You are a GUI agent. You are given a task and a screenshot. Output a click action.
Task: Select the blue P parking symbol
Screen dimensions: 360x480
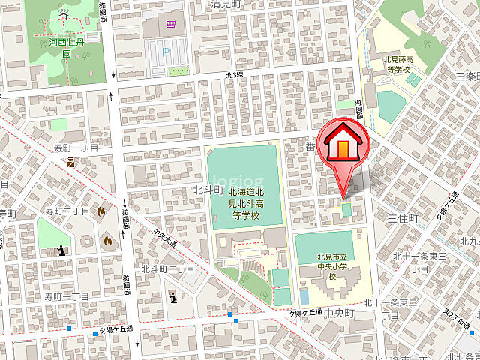166,52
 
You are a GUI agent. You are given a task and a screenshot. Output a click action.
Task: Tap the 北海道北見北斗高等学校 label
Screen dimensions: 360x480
244,204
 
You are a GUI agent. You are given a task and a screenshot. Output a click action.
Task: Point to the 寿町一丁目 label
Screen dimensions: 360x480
66,297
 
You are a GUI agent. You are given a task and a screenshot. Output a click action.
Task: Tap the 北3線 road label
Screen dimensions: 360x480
235,75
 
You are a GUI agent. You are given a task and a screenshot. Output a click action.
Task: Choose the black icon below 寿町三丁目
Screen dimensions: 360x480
70,160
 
